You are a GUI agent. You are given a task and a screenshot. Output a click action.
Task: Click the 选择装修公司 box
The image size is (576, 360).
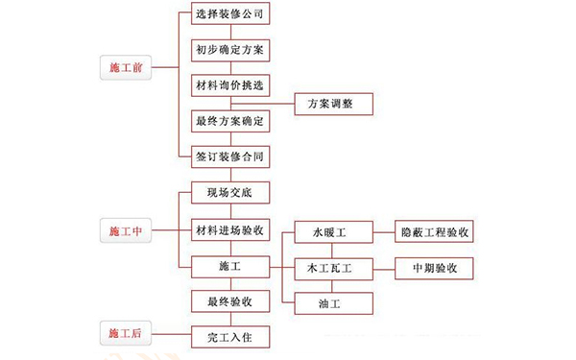[x=229, y=14]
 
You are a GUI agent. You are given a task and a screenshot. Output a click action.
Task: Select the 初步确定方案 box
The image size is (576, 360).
[x=229, y=47]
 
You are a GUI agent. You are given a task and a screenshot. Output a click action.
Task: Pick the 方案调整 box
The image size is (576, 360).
[x=328, y=103]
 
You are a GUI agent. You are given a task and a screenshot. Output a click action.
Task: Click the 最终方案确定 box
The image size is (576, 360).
[x=229, y=121]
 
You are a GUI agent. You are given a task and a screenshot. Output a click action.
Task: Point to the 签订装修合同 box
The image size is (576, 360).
[x=229, y=155]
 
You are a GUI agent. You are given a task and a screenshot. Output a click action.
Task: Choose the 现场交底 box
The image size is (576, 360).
[x=229, y=192]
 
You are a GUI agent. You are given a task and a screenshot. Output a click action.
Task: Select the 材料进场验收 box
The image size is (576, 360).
[x=229, y=230]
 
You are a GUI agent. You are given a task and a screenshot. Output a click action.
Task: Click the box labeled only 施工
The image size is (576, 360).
[x=229, y=265]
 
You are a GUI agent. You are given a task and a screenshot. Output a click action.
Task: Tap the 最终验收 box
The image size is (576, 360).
[x=229, y=301]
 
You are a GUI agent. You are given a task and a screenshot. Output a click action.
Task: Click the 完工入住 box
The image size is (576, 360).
[x=229, y=337]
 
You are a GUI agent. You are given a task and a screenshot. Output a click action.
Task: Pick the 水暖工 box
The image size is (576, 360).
[x=328, y=232]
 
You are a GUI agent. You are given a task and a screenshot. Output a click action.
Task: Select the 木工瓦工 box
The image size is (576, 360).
[x=328, y=268]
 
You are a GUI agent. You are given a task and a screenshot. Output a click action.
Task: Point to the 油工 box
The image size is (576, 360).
[x=328, y=302]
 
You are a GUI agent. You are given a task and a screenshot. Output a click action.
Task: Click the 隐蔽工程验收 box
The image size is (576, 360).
[x=435, y=232]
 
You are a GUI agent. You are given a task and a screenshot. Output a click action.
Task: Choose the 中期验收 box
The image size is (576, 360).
[x=435, y=268]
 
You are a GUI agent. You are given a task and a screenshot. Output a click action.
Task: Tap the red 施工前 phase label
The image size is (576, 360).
[x=126, y=68]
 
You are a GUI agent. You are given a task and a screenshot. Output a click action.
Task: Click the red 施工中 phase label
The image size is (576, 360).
[x=126, y=230]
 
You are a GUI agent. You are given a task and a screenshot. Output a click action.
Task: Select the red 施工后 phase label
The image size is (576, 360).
[x=126, y=333]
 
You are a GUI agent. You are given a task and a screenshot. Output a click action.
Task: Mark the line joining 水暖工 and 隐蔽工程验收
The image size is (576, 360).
[x=381, y=232]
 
